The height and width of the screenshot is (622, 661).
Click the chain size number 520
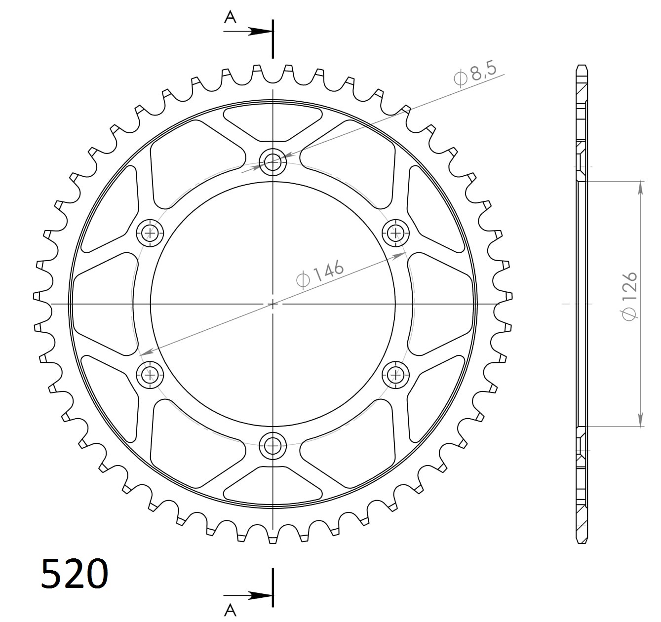pos(74,574)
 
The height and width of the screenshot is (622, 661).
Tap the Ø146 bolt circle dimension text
pos(320,273)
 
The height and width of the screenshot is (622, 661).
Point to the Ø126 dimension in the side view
pos(630,295)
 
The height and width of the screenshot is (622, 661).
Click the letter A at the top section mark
pos(230,18)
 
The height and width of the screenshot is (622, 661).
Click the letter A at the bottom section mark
pos(230,610)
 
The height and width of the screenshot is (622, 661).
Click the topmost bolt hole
pos(272,161)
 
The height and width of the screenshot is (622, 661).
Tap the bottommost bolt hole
pos(272,446)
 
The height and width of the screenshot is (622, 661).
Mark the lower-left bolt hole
pos(150,375)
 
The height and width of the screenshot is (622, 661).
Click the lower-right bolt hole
pos(395,375)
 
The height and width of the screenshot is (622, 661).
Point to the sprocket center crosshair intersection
pos(272,304)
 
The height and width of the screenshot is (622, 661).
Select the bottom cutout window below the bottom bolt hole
pos(272,485)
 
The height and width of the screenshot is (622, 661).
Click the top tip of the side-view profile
pos(582,66)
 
